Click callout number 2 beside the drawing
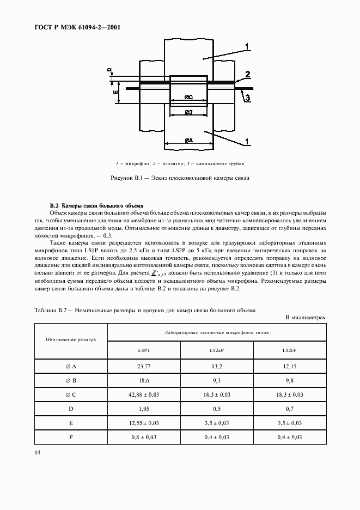[247, 74]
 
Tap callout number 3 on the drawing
[247, 98]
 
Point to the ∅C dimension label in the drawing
[188, 97]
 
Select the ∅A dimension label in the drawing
[188, 140]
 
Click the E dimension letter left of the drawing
[115, 93]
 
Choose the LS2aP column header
[217, 351]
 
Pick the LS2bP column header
[290, 351]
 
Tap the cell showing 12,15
[290, 369]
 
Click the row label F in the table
[71, 436]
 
